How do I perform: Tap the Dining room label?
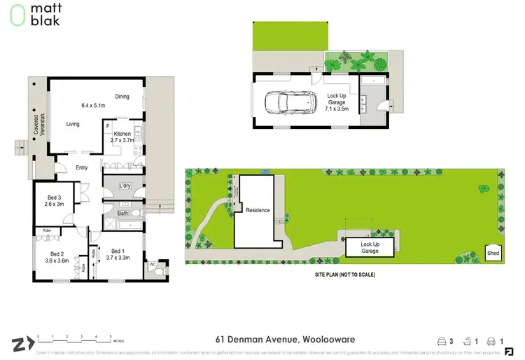click(122, 97)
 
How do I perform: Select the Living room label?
click(73, 124)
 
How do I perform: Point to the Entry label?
click(82, 167)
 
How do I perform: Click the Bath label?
click(122, 213)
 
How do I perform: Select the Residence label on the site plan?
click(257, 210)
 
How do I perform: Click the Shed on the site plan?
click(493, 252)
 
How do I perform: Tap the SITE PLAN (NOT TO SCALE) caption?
click(344, 275)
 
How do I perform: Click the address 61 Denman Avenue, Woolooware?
click(262, 340)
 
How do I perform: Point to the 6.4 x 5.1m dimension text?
click(93, 106)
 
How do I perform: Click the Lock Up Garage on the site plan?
click(370, 247)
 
